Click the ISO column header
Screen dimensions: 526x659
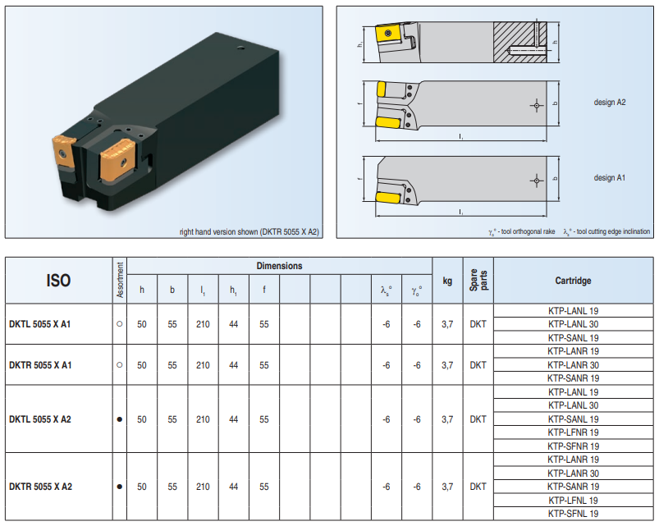click(58, 281)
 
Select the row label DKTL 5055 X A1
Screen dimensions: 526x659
click(40, 324)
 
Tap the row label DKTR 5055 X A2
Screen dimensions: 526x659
click(40, 487)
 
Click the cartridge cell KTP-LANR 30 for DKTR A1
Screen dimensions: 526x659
click(573, 364)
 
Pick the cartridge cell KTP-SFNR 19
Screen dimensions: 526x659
click(573, 446)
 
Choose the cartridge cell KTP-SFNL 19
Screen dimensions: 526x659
click(573, 513)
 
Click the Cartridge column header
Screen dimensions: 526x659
click(573, 281)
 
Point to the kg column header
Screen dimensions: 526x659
click(447, 281)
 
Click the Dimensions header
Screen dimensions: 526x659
click(279, 266)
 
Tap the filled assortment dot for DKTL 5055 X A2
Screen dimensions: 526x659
click(120, 419)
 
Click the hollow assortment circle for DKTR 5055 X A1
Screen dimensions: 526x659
click(120, 364)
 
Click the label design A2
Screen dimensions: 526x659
click(610, 103)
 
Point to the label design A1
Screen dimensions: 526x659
click(610, 177)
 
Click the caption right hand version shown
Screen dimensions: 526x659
click(249, 232)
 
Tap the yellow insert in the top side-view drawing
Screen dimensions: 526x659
click(387, 34)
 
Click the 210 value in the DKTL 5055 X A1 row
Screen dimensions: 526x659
click(203, 324)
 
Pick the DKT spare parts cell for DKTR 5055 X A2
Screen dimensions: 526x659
click(477, 487)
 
